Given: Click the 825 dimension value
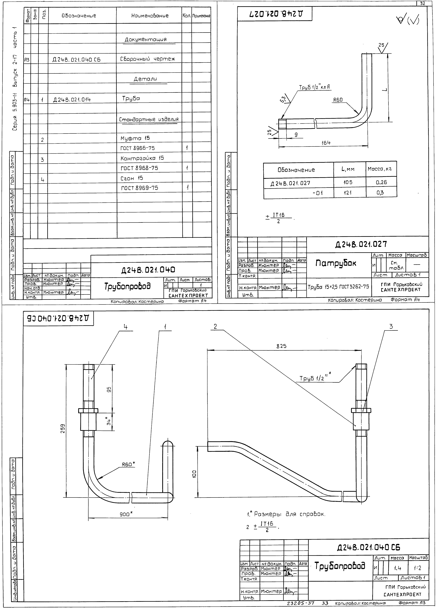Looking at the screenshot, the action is [281, 346].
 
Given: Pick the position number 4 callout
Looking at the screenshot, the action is [125, 327].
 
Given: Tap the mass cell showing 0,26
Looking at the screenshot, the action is [381, 182].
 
